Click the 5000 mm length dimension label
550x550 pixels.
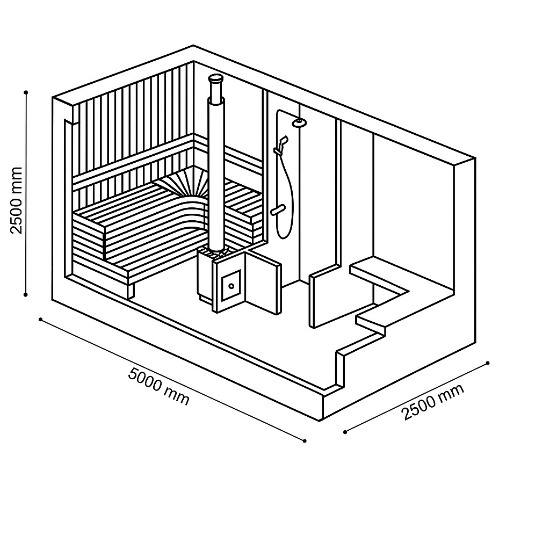(158, 386)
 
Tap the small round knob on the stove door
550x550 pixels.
(231, 286)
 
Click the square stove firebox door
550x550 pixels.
(231, 285)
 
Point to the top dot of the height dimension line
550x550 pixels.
(26, 92)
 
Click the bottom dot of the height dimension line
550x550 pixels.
(26, 295)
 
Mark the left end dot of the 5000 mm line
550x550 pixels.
(41, 319)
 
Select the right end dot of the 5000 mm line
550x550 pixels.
(305, 441)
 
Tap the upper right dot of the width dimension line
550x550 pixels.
(488, 363)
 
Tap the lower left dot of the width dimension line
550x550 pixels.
(345, 432)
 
